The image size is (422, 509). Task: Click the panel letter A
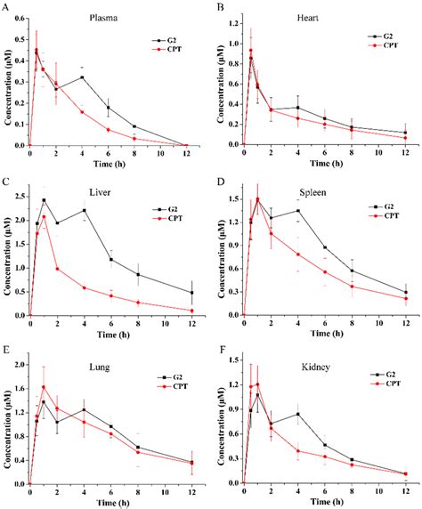7,7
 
